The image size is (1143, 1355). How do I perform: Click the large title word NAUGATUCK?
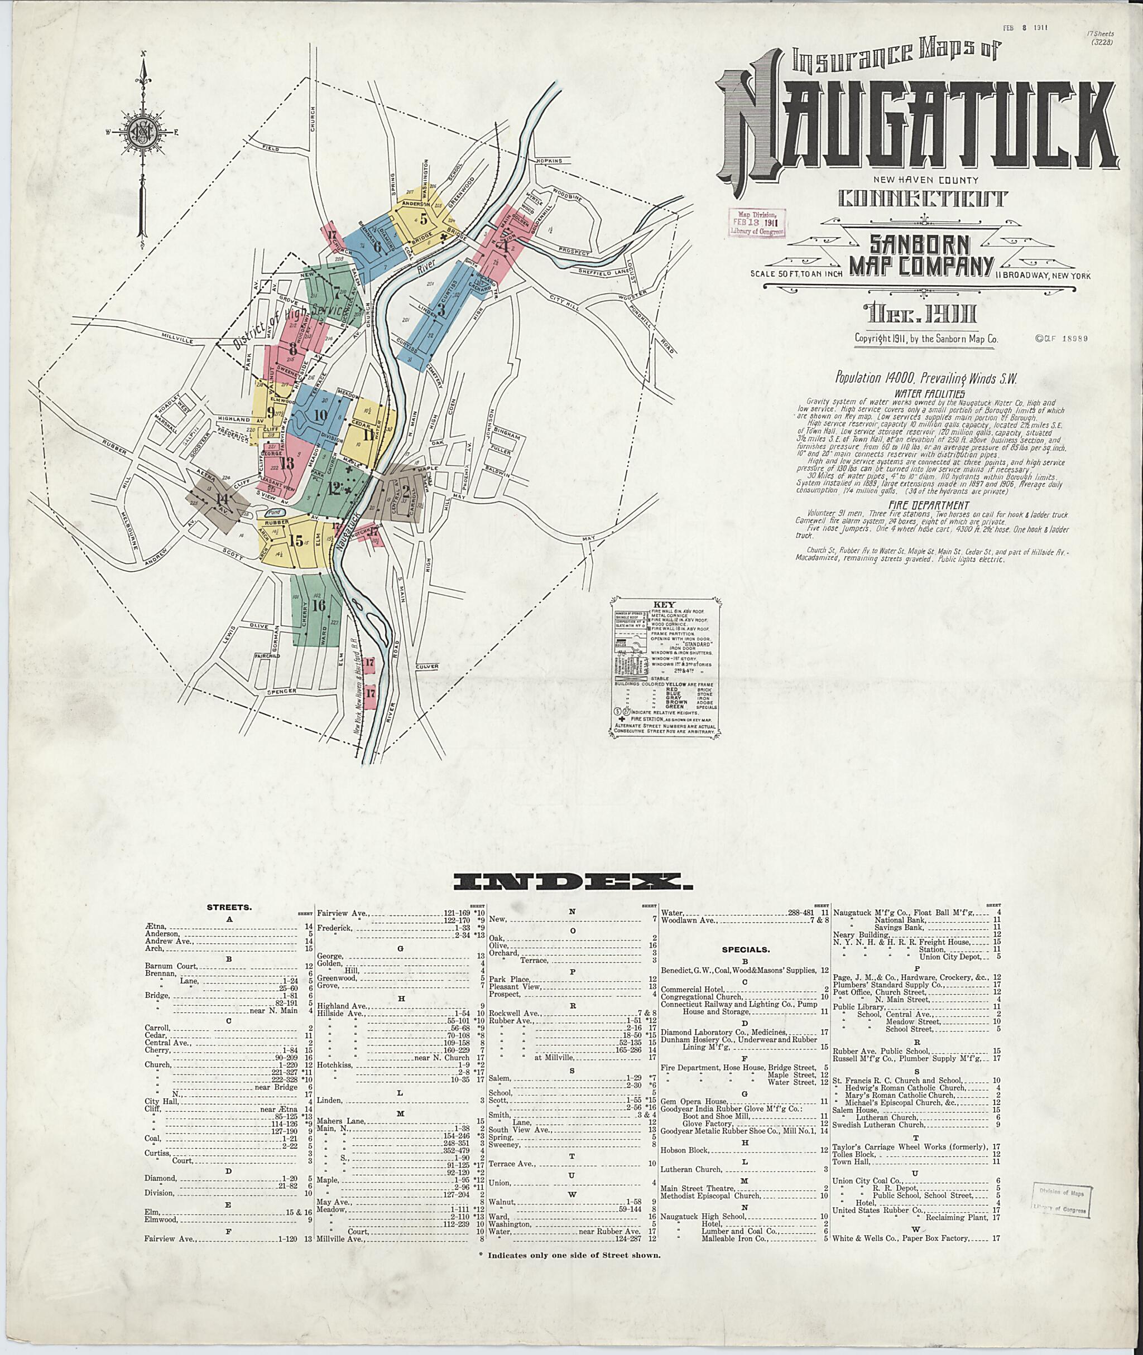(920, 129)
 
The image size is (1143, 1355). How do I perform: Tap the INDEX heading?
(566, 881)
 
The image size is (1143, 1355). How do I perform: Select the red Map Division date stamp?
(756, 221)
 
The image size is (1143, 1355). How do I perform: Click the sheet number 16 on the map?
(318, 606)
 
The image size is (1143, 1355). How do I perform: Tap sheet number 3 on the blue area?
(441, 309)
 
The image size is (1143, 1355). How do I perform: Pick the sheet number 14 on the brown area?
(222, 499)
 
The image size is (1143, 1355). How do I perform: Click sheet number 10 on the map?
(319, 414)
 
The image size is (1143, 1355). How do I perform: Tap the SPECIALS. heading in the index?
(746, 949)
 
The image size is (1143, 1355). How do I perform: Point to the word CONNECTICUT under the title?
(923, 198)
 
